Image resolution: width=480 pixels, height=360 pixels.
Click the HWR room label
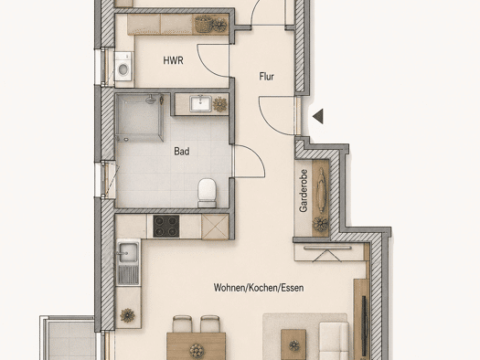coord(174,60)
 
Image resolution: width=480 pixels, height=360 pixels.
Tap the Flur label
coord(267,77)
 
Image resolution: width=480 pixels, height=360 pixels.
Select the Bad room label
coord(182,151)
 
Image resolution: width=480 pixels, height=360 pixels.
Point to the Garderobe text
coord(304,191)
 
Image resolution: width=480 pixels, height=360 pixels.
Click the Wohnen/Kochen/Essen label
coord(259,288)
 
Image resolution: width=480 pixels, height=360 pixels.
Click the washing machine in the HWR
coord(123,67)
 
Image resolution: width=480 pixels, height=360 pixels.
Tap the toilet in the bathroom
coord(208,193)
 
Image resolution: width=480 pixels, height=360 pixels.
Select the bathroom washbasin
coord(200,103)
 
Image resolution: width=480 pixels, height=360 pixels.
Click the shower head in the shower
coord(150,99)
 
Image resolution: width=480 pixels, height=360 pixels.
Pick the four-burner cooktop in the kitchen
coord(166,226)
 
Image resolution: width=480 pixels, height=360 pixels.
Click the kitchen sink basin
coord(128,253)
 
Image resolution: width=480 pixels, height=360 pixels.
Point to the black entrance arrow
coord(318,116)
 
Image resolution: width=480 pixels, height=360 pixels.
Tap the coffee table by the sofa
coord(293,344)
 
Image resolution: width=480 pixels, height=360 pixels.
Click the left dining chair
coord(182,324)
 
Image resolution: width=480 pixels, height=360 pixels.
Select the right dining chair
coord(210,324)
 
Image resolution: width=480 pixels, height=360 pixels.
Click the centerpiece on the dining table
coord(197,351)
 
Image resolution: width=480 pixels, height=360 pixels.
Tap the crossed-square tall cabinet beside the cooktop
coord(215,227)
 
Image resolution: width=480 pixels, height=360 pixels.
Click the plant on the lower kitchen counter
coord(127,315)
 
